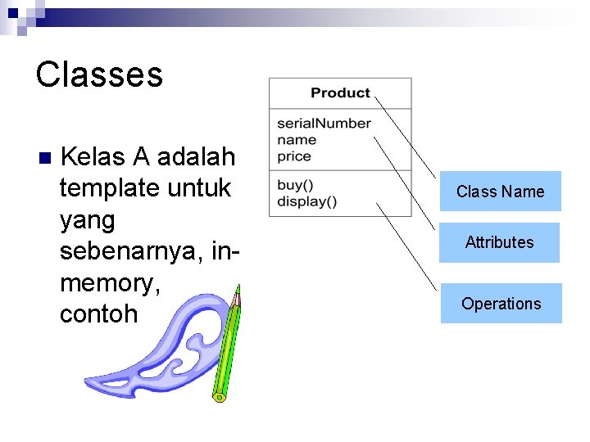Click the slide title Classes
click(99, 74)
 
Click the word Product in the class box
click(340, 93)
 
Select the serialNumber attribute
click(324, 124)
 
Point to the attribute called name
click(297, 140)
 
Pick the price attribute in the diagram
click(294, 156)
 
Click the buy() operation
click(295, 185)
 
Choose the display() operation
click(306, 201)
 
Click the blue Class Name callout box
click(500, 192)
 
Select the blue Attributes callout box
click(499, 242)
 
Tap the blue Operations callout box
click(501, 304)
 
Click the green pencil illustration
click(225, 352)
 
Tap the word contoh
click(98, 314)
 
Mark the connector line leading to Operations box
click(406, 246)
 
